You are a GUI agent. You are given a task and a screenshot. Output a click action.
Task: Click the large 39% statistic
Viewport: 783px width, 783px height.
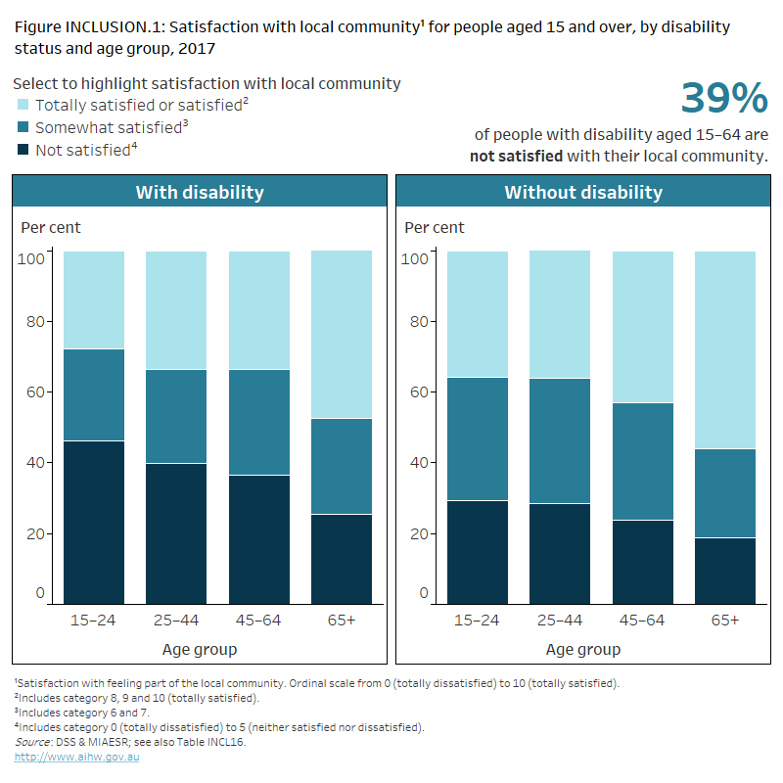[723, 99]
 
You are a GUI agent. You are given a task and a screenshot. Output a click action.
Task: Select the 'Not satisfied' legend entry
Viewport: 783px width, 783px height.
[83, 150]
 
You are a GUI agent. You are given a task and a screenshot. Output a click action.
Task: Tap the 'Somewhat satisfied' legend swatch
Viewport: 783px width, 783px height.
[23, 127]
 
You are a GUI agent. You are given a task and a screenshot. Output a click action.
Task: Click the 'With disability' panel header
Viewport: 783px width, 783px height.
[199, 192]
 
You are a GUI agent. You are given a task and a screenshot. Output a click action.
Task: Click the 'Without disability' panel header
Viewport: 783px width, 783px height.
[582, 192]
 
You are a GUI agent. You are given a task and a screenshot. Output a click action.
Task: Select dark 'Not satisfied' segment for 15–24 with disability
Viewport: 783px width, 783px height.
[94, 521]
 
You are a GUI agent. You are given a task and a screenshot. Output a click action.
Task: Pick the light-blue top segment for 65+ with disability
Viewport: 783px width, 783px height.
[342, 333]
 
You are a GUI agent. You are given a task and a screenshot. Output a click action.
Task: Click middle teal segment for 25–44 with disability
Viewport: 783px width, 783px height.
[176, 416]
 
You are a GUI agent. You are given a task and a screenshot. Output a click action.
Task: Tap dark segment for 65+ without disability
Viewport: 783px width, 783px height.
[725, 570]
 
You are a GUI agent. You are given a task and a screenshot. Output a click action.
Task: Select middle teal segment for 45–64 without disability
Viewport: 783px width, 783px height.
[643, 461]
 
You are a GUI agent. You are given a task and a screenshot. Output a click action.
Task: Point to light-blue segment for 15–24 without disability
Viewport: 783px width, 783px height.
[478, 313]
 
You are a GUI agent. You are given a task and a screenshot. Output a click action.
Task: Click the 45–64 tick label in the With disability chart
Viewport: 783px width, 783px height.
[259, 621]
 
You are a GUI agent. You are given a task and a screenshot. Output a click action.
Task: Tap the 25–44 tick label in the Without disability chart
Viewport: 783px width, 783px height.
[560, 621]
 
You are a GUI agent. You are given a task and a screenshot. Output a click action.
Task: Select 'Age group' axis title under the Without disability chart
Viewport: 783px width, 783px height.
[582, 649]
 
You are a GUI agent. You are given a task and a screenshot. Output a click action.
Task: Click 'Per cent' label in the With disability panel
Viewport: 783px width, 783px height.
[51, 228]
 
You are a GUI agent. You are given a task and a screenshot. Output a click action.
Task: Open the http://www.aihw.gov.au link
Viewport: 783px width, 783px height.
[76, 758]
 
